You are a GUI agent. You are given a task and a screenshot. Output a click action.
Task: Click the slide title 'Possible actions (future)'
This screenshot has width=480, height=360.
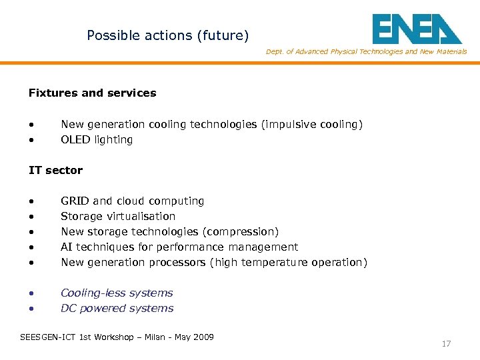click(167, 35)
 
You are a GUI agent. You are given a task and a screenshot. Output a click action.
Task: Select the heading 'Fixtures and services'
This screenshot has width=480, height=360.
click(92, 93)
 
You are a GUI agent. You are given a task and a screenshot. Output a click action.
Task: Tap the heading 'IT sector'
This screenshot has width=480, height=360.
click(55, 171)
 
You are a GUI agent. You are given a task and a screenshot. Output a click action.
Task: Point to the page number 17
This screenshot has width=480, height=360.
click(446, 344)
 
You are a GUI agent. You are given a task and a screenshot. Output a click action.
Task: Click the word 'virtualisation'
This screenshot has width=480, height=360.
click(143, 217)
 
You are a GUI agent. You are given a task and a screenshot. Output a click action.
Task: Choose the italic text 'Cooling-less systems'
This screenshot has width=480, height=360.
click(117, 293)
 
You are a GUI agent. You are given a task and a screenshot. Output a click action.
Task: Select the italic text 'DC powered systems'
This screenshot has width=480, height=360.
click(117, 309)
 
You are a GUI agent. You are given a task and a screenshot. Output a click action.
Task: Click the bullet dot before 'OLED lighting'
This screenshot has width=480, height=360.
click(31, 140)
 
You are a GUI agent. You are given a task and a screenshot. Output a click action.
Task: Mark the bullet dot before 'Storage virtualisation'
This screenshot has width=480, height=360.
click(31, 217)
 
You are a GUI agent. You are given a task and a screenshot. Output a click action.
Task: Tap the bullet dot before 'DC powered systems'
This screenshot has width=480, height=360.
click(31, 309)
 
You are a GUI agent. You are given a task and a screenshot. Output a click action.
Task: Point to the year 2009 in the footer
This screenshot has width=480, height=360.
click(203, 337)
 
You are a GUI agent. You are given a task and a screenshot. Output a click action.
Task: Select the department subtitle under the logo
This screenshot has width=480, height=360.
click(366, 52)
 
